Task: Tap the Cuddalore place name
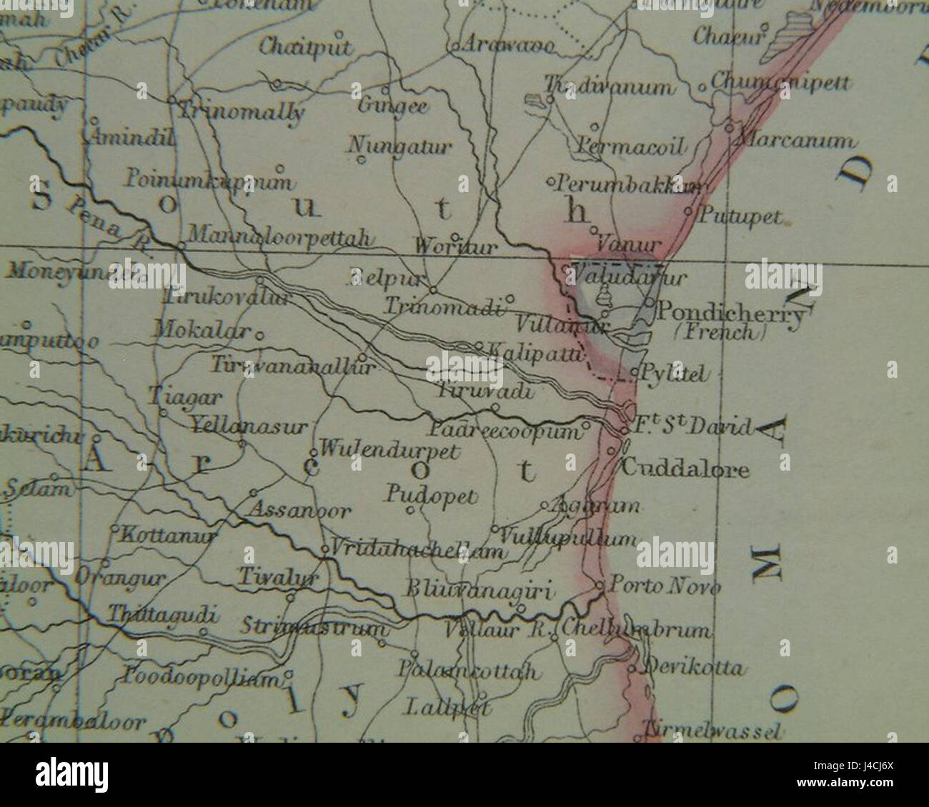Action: [x=685, y=469]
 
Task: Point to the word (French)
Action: [x=720, y=332]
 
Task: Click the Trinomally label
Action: [x=242, y=112]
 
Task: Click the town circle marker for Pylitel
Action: [x=635, y=373]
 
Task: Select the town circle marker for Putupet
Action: [x=687, y=212]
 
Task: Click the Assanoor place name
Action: [x=299, y=511]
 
